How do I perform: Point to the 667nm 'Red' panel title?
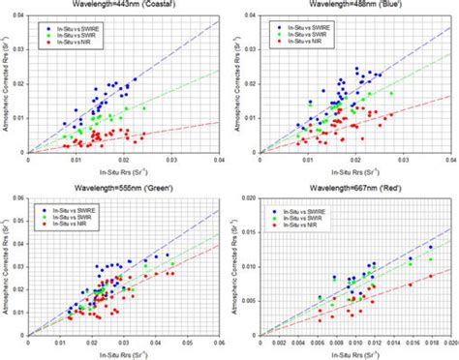coord(352,190)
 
